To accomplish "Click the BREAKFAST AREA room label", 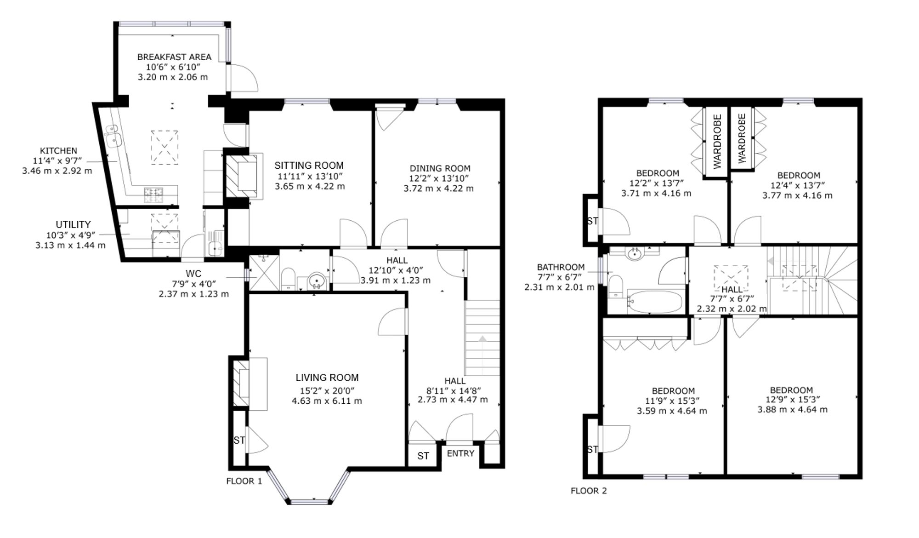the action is (x=174, y=57).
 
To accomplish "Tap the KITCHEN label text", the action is (x=58, y=151).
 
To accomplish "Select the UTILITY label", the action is (x=73, y=224).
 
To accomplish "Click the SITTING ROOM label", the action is (x=309, y=166).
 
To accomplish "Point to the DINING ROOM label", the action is (x=440, y=168).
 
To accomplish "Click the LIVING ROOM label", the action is (x=327, y=378).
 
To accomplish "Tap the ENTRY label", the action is (x=460, y=453).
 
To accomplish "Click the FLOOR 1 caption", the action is (x=244, y=481).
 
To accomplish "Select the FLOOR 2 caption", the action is (x=589, y=491).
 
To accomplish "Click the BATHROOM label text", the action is (x=561, y=267).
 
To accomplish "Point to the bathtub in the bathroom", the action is (x=655, y=302).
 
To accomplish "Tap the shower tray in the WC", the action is (x=264, y=273).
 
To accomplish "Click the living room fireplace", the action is (x=250, y=384).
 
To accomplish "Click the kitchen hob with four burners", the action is (x=153, y=195).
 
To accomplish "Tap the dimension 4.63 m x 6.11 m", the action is (x=327, y=401).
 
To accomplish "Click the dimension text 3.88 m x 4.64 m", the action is (x=792, y=409).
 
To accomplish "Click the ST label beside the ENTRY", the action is (x=423, y=456).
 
